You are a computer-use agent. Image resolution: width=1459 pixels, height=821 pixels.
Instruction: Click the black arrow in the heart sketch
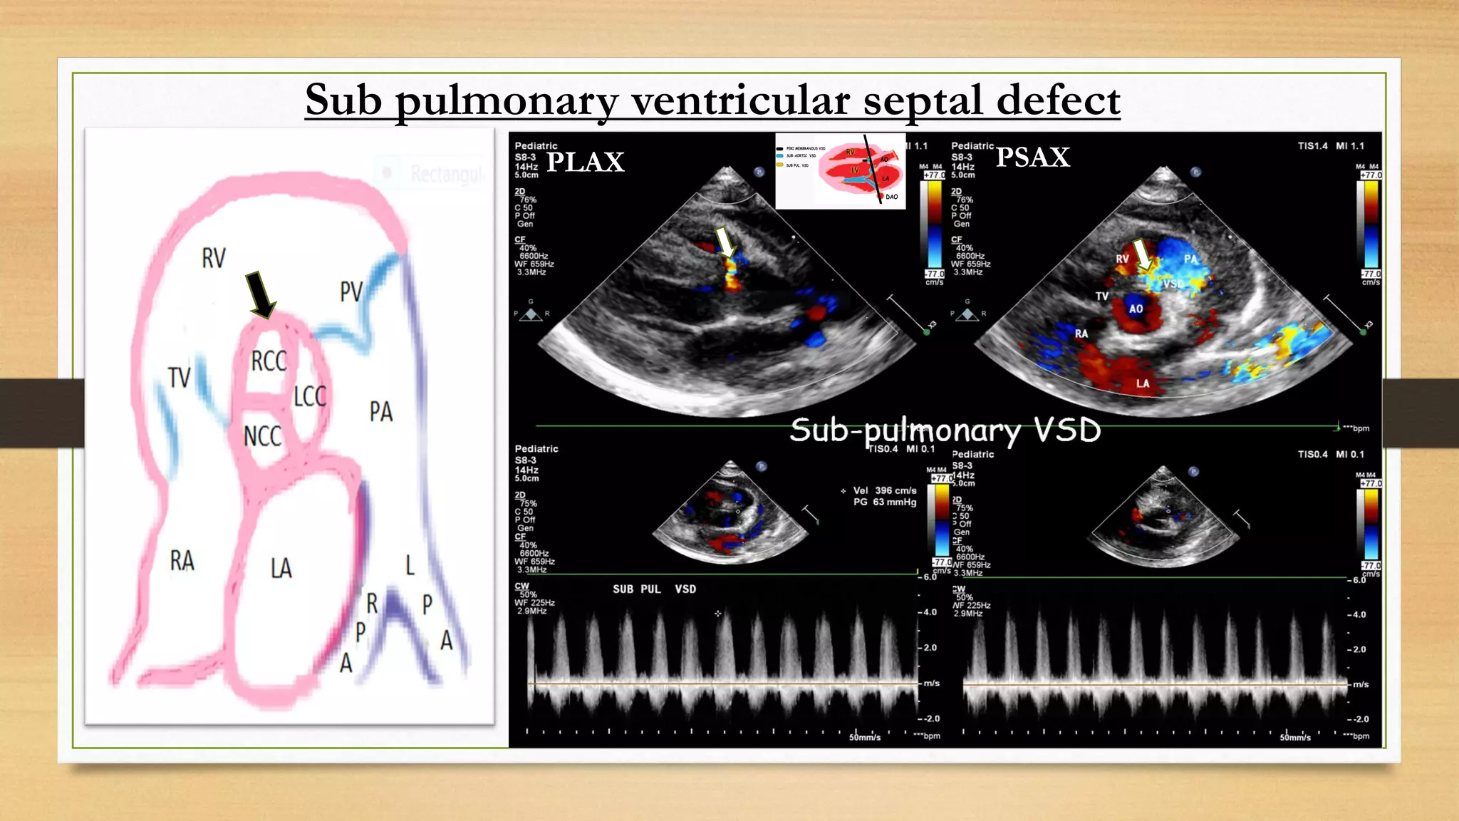[x=260, y=294]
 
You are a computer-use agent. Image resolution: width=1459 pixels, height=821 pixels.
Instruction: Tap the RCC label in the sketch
[x=269, y=361]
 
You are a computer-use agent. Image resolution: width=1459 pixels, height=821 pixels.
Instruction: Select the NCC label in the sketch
[x=262, y=436]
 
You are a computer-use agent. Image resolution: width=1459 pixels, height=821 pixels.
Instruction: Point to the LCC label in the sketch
[x=310, y=396]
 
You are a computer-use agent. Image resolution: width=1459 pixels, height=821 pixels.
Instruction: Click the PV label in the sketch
[x=351, y=291]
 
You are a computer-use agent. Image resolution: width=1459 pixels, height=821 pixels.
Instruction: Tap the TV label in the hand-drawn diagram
[x=180, y=377]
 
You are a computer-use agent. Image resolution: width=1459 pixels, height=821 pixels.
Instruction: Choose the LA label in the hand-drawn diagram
[x=281, y=568]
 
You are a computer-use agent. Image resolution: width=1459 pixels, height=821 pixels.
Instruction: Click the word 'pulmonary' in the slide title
[x=507, y=100]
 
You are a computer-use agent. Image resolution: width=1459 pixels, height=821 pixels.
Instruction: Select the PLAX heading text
[x=585, y=162]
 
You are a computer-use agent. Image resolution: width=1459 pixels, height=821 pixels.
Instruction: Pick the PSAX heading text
[x=1032, y=157]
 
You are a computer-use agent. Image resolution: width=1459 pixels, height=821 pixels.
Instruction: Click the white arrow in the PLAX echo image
[x=725, y=242]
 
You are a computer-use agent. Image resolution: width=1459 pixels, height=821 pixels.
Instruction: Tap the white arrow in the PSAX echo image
[x=1142, y=254]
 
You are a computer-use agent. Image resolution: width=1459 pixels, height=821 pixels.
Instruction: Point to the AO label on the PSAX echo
[x=1136, y=309]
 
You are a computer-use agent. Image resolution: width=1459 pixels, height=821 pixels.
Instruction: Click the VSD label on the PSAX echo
[x=1173, y=284]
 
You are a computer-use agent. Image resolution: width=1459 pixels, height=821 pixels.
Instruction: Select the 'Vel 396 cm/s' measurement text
[x=884, y=490]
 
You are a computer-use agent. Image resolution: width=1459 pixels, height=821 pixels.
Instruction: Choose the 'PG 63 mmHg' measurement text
[x=884, y=502]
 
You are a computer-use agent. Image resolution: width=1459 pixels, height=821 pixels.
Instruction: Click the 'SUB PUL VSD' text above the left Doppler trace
[x=654, y=589]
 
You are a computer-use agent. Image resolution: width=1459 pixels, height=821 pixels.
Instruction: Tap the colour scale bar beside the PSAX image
[x=1371, y=225]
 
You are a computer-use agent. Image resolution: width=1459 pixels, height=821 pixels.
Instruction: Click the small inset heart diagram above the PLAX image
[x=841, y=171]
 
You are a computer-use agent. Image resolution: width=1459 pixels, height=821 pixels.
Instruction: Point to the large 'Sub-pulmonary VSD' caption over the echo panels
[x=945, y=430]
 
